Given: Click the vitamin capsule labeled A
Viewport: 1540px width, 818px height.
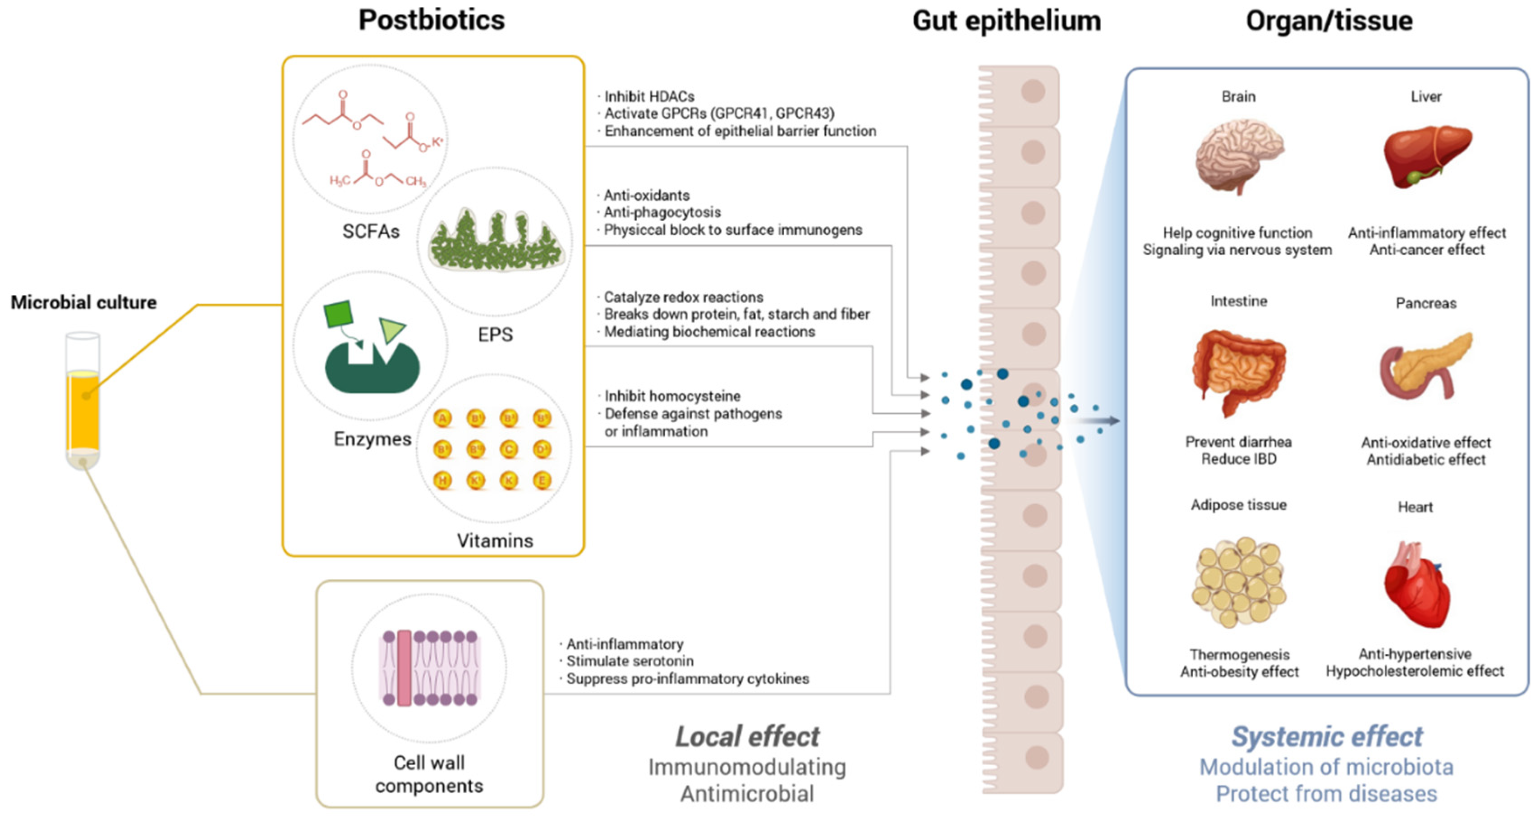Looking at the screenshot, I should tap(442, 418).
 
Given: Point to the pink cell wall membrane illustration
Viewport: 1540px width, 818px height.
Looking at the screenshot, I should tap(429, 667).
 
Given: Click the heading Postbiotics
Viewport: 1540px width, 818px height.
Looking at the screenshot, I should tap(431, 20).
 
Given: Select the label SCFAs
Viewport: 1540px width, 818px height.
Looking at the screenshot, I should tap(371, 231).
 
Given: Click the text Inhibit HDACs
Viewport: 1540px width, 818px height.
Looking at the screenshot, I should tap(648, 96).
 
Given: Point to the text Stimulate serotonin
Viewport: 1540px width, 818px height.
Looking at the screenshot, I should tap(630, 661).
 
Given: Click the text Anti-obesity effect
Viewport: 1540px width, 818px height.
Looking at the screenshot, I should tap(1239, 672).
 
